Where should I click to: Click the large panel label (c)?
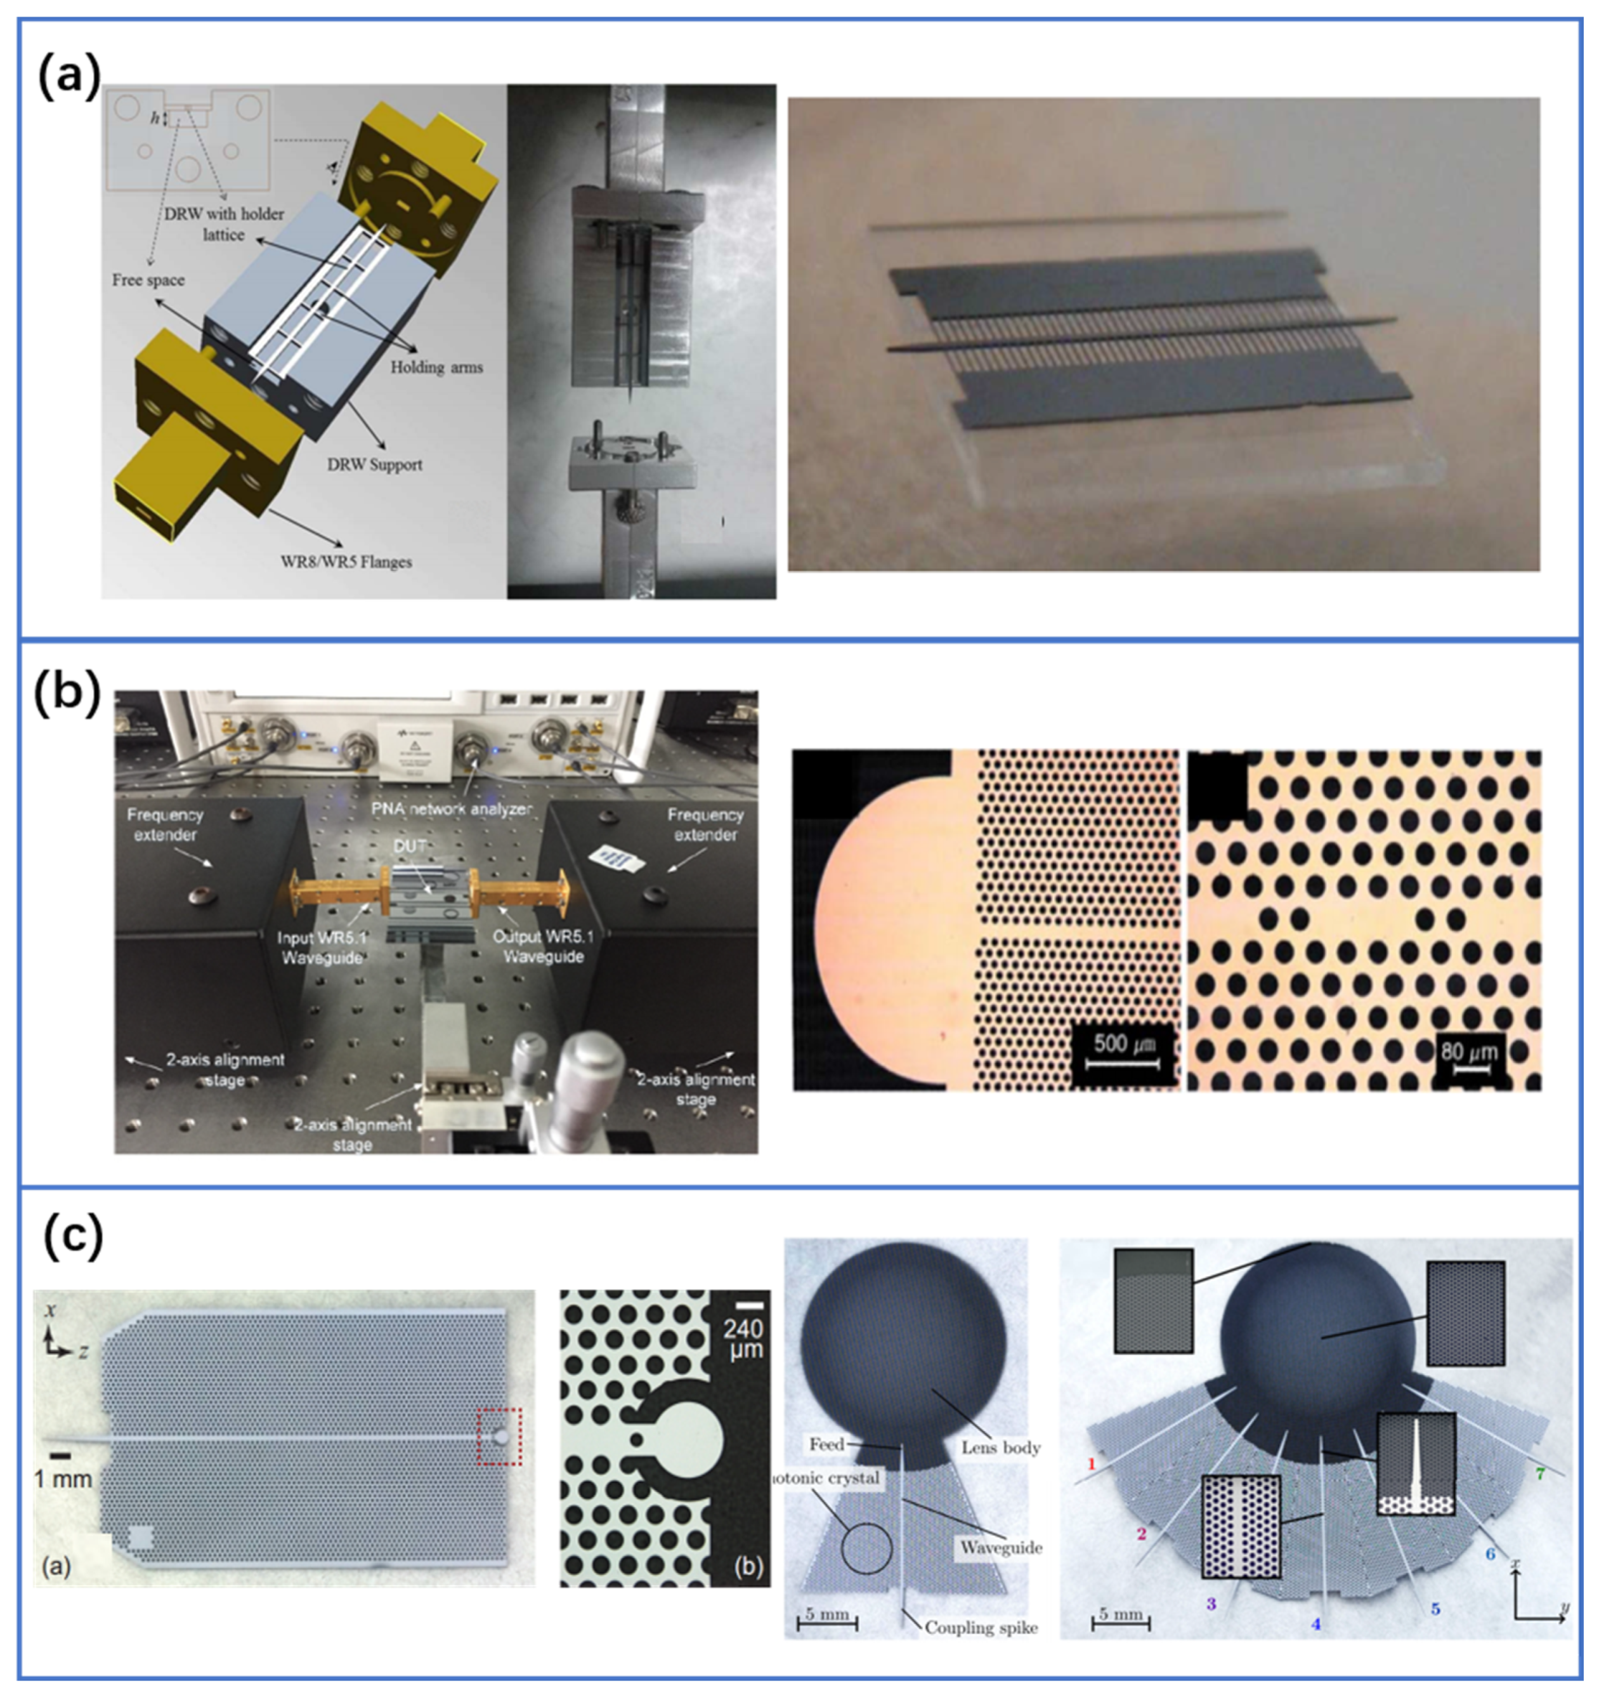click(x=74, y=1236)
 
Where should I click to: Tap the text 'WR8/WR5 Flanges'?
click(x=346, y=562)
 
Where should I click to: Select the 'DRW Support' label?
click(x=375, y=465)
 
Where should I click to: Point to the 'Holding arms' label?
click(x=436, y=367)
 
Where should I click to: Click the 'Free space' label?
click(x=148, y=280)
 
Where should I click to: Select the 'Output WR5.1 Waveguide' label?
click(x=542, y=946)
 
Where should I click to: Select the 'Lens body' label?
click(x=1001, y=1447)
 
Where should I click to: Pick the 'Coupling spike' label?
click(x=981, y=1628)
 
